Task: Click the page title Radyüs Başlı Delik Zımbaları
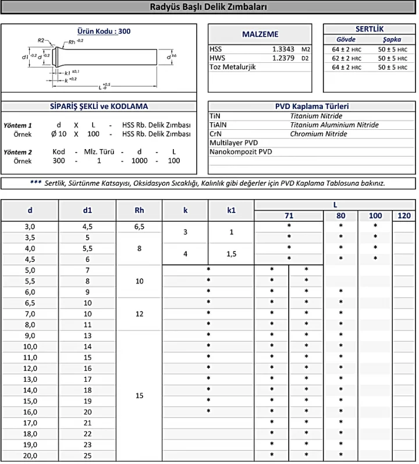(209, 7)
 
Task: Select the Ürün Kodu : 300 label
(104, 31)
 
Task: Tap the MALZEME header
(260, 34)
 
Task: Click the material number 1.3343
(283, 49)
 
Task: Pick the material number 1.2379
(283, 58)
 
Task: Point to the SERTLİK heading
(369, 29)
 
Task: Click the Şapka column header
(392, 39)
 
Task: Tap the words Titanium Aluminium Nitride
(334, 125)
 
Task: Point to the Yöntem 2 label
(17, 151)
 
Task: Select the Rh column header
(139, 210)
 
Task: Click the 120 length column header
(404, 216)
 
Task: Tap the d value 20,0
(30, 455)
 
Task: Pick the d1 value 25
(87, 455)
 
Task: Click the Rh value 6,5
(139, 226)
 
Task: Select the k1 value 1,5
(231, 254)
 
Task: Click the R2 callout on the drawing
(41, 40)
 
